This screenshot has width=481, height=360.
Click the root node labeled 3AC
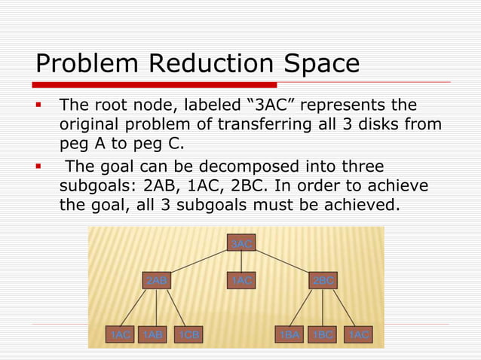coord(242,244)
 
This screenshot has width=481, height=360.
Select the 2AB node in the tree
coord(157,281)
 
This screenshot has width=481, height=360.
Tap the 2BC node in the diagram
coord(323,281)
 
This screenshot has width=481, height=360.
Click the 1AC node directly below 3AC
coord(242,281)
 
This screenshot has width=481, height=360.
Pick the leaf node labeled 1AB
coord(153,334)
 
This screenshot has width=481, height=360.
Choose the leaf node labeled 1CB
coord(188,334)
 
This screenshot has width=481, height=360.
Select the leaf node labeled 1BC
coord(323,334)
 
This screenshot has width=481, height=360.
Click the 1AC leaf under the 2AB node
coord(119,334)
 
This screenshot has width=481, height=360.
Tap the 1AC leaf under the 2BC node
coord(357,334)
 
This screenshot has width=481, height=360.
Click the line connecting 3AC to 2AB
coord(199,262)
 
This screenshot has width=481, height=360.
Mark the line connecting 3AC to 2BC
coord(283,262)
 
